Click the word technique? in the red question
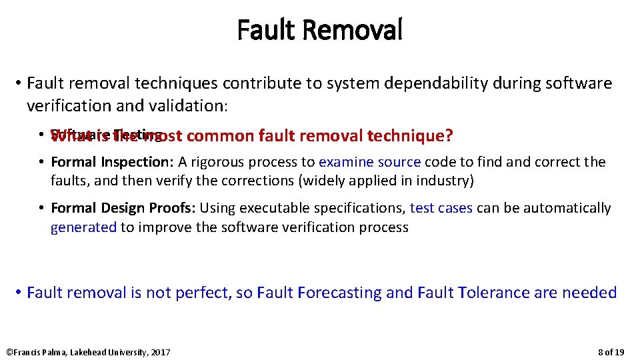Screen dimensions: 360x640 tap(410, 136)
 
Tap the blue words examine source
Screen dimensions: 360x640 tap(369, 162)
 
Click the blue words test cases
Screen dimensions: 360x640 tap(441, 208)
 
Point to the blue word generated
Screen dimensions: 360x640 tap(83, 227)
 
